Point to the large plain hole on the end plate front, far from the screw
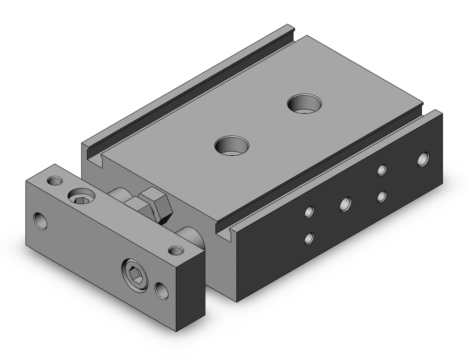41,221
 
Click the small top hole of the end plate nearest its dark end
176,251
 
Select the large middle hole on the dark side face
345,203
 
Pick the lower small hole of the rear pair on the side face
382,196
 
